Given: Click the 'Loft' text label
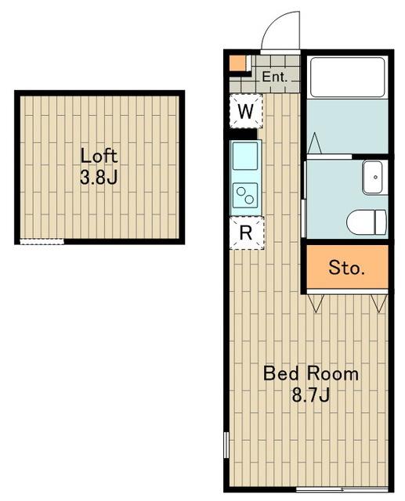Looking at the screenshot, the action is pyautogui.click(x=99, y=156).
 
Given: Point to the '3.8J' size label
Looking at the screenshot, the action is pyautogui.click(x=99, y=177).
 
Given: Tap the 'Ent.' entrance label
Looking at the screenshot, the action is pyautogui.click(x=275, y=77).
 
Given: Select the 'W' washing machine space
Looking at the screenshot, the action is pyautogui.click(x=246, y=111).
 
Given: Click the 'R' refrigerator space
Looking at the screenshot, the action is pyautogui.click(x=247, y=233).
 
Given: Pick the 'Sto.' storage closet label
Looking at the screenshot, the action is pyautogui.click(x=347, y=268).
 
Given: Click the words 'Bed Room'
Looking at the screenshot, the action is pyautogui.click(x=311, y=373).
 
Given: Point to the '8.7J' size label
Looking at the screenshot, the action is pyautogui.click(x=311, y=395).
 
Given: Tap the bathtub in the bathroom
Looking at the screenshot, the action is pyautogui.click(x=348, y=77).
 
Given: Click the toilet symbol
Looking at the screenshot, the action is pyautogui.click(x=367, y=222).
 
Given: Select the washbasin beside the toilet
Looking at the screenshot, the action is pyautogui.click(x=373, y=178).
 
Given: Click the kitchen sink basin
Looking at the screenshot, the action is pyautogui.click(x=245, y=156).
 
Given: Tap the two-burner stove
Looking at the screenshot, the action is pyautogui.click(x=245, y=195).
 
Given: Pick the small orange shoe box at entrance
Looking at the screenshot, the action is pyautogui.click(x=238, y=63).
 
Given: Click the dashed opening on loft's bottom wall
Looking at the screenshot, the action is pyautogui.click(x=42, y=242).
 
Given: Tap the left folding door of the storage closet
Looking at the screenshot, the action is pyautogui.click(x=316, y=303).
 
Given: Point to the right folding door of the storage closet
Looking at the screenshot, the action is pyautogui.click(x=379, y=303).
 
